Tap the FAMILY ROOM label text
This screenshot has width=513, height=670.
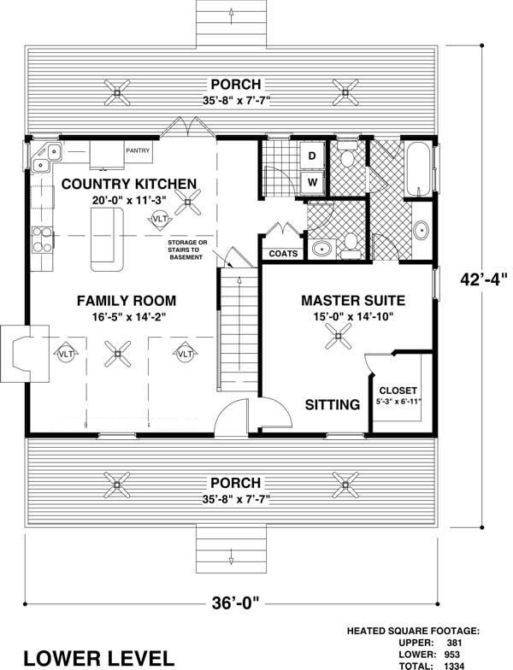[x=126, y=300]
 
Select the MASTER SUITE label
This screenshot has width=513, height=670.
[x=352, y=300]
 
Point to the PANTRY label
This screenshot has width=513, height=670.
[x=138, y=151]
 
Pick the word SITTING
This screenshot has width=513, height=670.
[x=333, y=405]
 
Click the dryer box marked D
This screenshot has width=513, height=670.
[x=312, y=156]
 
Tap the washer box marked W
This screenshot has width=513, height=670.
[x=312, y=181]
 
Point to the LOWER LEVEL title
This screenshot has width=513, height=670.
[x=98, y=656]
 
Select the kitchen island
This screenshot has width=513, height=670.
[x=103, y=238]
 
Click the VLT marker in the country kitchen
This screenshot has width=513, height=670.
[x=159, y=220]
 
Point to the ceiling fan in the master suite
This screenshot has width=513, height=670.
[x=339, y=337]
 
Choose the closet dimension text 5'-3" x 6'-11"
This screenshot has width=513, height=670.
[x=398, y=401]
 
